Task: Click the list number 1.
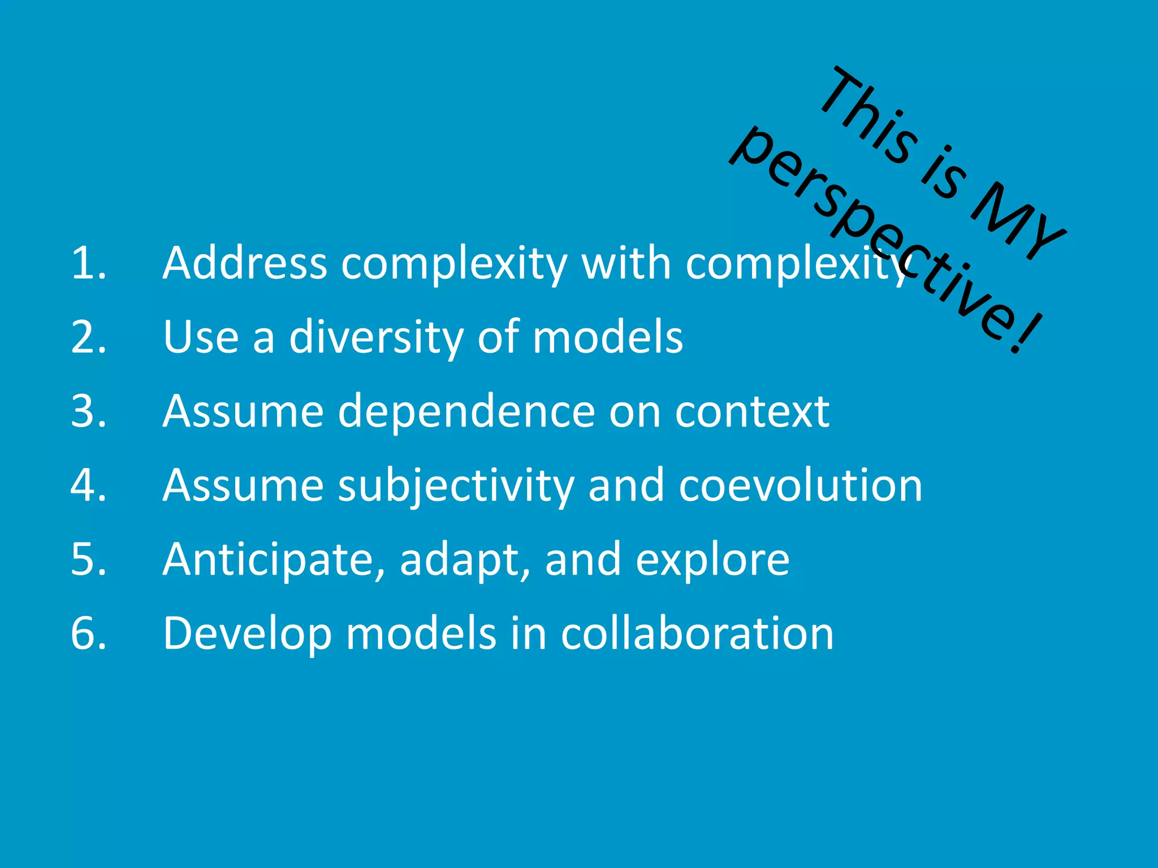88,263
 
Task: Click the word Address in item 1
244,263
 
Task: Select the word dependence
466,411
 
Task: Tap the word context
752,411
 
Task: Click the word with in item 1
626,263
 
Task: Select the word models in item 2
608,337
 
